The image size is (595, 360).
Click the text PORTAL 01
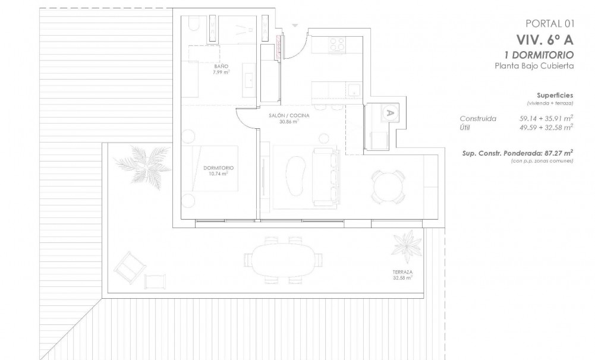[x=550, y=24]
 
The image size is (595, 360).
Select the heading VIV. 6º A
[x=544, y=40]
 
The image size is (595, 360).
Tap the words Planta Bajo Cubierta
[x=534, y=66]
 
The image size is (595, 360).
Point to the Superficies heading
[x=555, y=95]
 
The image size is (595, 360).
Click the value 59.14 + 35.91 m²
[x=546, y=118]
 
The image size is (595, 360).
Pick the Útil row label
[x=468, y=127]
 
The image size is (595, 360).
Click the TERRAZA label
[x=402, y=274]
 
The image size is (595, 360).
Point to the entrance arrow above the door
[x=295, y=25]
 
